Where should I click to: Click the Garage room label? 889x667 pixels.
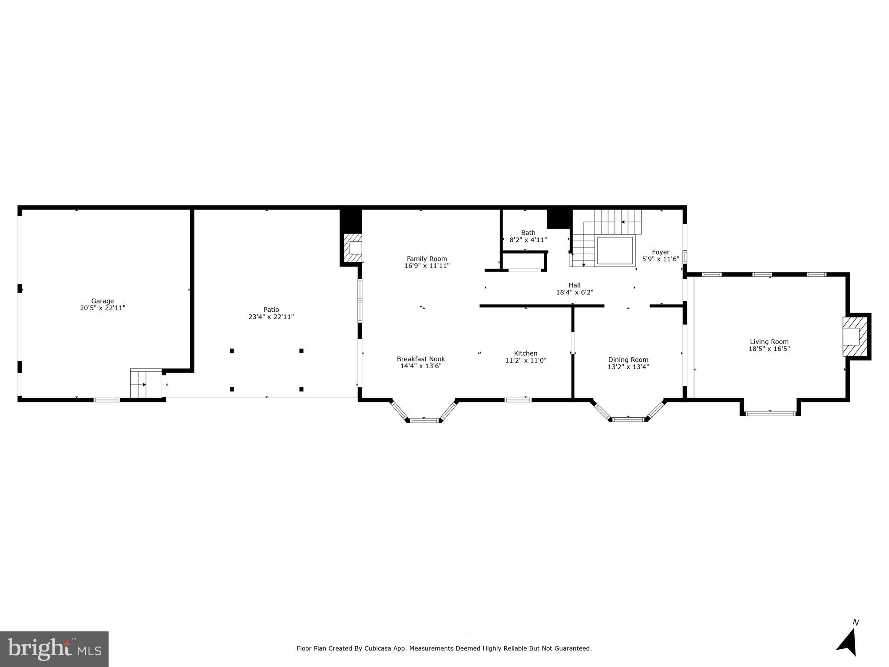[x=102, y=301]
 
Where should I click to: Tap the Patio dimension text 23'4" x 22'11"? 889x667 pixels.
[x=271, y=317]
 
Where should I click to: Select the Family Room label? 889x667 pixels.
[x=426, y=259]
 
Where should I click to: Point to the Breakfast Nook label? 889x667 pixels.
[x=420, y=359]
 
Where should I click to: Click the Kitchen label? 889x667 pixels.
[x=525, y=353]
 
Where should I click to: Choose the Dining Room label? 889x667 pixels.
[x=628, y=360]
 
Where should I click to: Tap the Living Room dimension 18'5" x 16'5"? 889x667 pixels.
[x=769, y=349]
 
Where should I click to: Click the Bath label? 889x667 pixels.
[x=528, y=233]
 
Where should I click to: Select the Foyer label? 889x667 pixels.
[x=661, y=252]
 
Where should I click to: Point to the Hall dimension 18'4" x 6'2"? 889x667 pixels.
[x=575, y=293]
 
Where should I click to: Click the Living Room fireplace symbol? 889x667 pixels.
[x=854, y=337]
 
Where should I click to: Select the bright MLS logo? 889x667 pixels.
[x=54, y=649]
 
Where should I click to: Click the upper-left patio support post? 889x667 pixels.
[x=232, y=351]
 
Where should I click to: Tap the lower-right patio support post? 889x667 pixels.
[x=301, y=389]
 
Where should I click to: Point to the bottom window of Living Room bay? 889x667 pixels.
[x=770, y=413]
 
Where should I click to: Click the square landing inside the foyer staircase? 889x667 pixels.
[x=615, y=251]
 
